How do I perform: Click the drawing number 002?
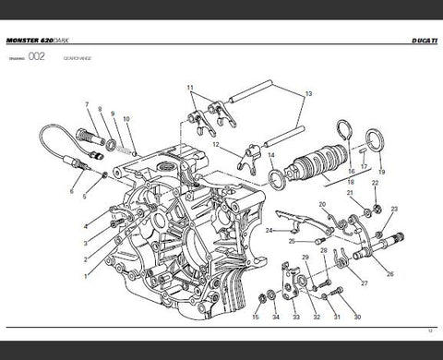coord(37,56)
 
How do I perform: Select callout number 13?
coord(308,94)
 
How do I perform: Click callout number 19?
coord(382,173)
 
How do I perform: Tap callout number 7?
coord(87,105)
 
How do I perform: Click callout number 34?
coord(275,318)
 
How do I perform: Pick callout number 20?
coord(321,204)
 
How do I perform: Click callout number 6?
coord(71,192)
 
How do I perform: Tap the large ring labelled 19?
coord(376,142)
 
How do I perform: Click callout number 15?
coord(256,318)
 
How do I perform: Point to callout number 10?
coord(126,119)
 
